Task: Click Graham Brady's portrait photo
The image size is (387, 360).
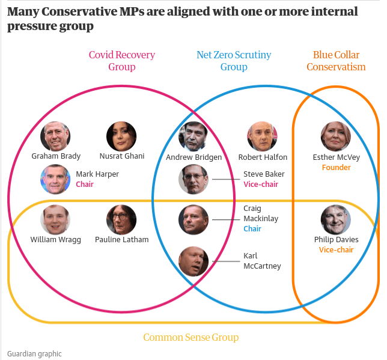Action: [55, 136]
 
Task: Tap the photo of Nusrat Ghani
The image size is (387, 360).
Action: [121, 136]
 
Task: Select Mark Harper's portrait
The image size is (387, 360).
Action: [55, 179]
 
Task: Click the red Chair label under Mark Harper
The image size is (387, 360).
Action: [85, 185]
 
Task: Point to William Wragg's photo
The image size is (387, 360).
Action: [55, 220]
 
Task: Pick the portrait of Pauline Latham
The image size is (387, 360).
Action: [121, 220]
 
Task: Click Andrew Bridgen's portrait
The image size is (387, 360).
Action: [194, 136]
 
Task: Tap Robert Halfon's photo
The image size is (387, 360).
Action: [262, 136]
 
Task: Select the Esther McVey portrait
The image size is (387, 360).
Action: [336, 136]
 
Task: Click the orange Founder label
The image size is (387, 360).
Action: [336, 168]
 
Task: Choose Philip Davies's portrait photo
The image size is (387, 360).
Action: [336, 220]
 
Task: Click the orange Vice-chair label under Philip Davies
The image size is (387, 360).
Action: [336, 250]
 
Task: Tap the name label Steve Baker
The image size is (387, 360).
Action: [264, 174]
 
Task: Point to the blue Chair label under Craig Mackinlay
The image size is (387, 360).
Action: [252, 229]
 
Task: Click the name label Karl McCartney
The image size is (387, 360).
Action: [261, 261]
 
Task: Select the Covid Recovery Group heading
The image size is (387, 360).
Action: [121, 61]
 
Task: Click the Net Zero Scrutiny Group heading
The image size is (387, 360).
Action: [234, 61]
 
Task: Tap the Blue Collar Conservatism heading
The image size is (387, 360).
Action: [336, 61]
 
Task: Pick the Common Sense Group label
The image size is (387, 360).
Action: [191, 337]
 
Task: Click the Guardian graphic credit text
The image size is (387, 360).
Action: [34, 353]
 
